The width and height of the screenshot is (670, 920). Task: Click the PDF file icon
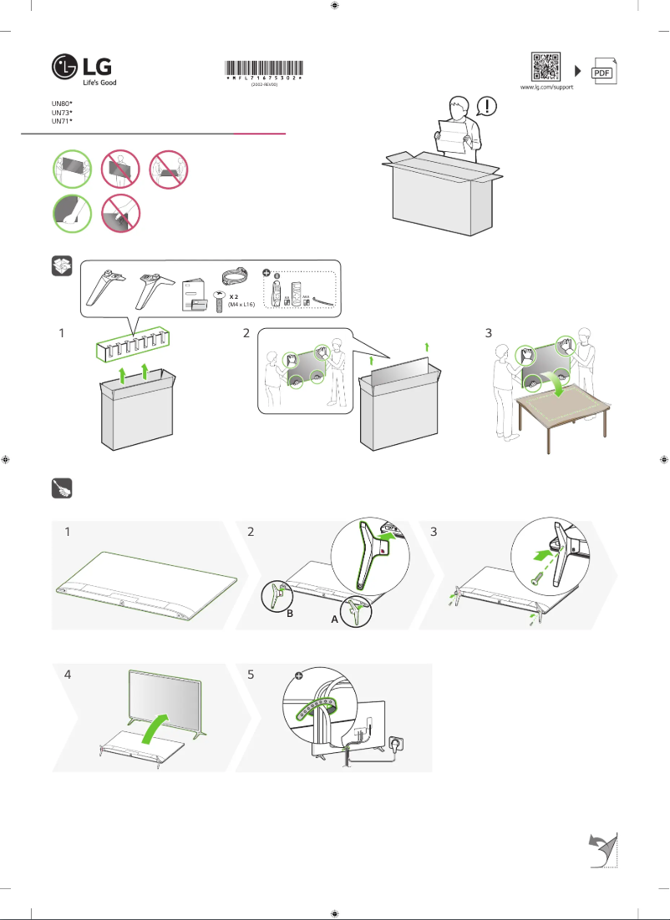602,72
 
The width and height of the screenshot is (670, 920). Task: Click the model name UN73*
62,111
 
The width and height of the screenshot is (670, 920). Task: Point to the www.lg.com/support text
546,87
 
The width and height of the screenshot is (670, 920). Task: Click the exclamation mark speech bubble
487,106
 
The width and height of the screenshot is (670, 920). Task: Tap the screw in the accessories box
221,300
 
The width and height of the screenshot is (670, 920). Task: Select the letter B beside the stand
290,613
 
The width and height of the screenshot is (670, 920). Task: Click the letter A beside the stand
334,621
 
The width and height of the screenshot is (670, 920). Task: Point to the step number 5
251,675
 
